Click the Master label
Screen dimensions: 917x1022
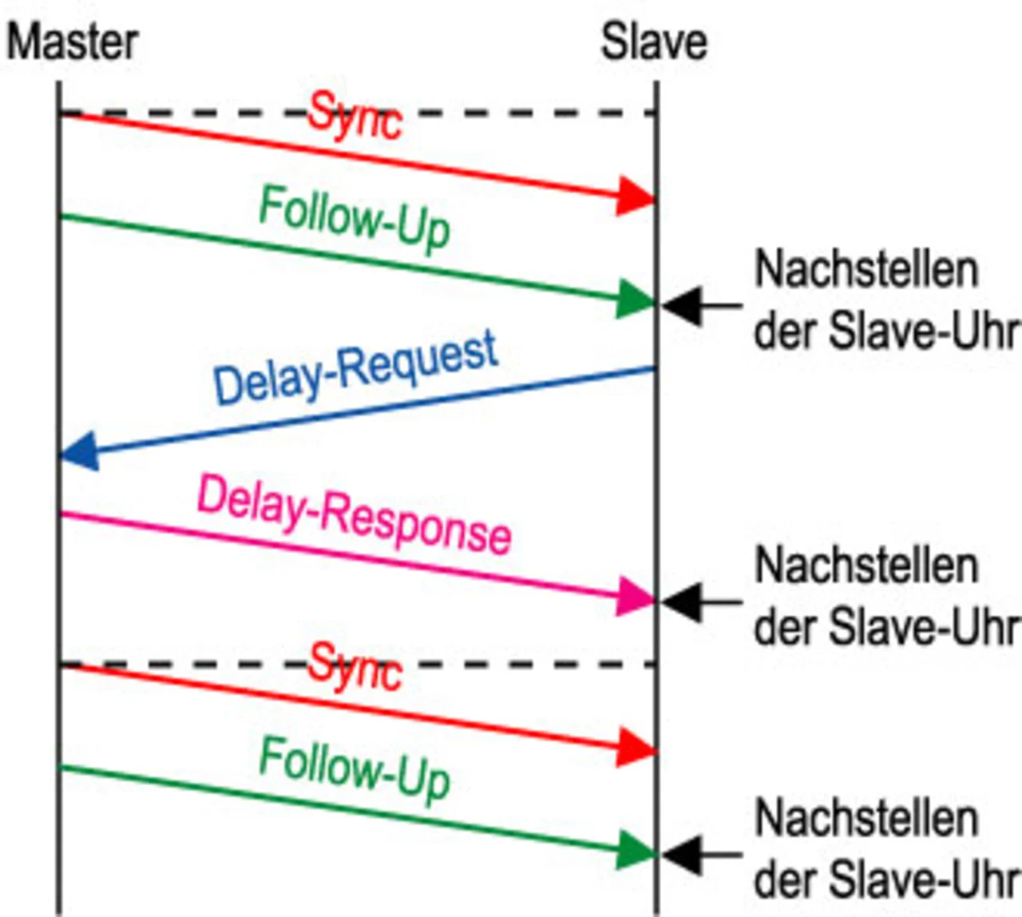pos(73,42)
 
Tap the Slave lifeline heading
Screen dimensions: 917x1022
pos(654,42)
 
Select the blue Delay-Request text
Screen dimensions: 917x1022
pos(356,368)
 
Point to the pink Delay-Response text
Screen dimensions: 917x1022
pos(355,514)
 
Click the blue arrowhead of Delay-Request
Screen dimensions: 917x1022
pos(79,452)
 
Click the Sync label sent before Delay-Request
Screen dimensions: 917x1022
pos(355,117)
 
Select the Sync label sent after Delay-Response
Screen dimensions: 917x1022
pos(355,668)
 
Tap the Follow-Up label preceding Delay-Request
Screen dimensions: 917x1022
pos(355,216)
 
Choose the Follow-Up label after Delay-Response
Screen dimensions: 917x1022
pos(355,768)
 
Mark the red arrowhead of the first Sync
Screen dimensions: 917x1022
pos(636,196)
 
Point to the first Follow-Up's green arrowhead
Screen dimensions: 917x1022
pos(636,300)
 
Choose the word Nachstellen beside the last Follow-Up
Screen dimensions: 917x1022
pos(866,818)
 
